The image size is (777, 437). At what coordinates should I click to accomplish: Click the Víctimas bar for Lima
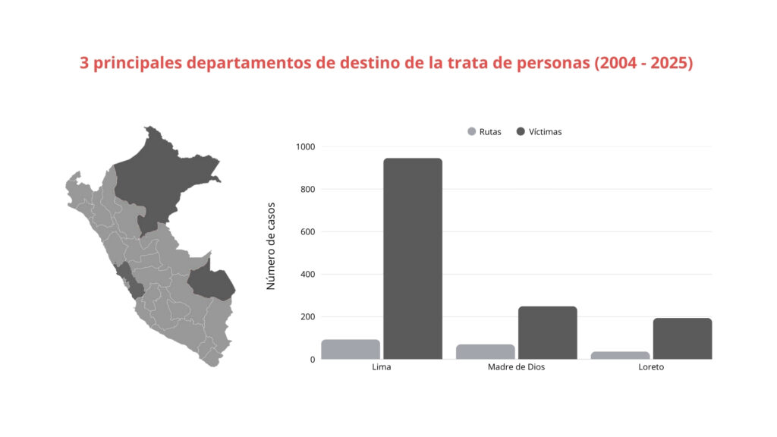[x=413, y=258]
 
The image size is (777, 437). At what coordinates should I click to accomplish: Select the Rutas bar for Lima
[x=351, y=349]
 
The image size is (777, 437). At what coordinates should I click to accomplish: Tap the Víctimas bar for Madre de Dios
[x=548, y=332]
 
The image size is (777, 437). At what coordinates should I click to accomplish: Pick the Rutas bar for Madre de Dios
[x=486, y=351]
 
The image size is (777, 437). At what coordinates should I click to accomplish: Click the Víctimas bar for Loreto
[x=682, y=338]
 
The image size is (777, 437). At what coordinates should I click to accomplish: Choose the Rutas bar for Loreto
[x=620, y=355]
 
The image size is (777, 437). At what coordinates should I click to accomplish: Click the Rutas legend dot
[x=471, y=132]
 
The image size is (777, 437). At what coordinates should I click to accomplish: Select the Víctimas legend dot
[x=521, y=132]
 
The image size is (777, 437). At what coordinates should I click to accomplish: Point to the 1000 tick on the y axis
[x=306, y=146]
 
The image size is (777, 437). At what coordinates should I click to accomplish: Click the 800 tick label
[x=307, y=189]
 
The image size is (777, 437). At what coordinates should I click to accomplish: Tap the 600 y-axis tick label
[x=307, y=231]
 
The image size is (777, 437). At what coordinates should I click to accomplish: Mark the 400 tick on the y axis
[x=307, y=274]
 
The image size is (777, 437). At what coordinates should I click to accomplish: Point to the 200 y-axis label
[x=307, y=316]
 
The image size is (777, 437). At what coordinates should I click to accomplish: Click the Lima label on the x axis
[x=382, y=367]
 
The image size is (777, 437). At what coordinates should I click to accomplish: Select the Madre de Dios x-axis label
[x=516, y=367]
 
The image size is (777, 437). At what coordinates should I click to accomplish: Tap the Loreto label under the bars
[x=651, y=367]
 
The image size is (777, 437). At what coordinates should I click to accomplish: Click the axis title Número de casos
[x=272, y=246]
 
